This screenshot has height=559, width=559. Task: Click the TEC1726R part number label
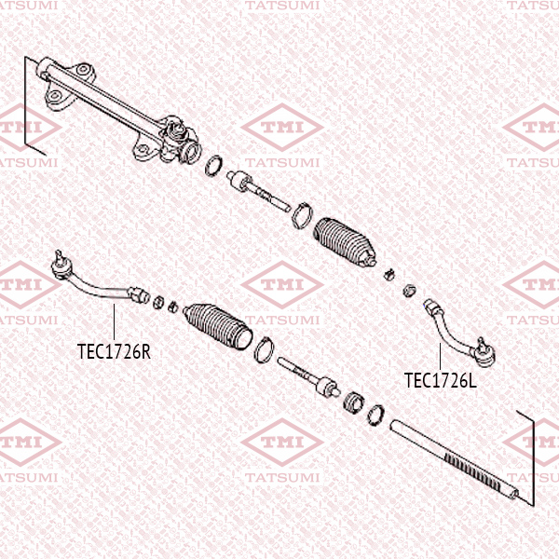114,352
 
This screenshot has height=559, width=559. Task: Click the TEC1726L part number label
441,380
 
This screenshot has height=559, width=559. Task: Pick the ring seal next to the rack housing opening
213,167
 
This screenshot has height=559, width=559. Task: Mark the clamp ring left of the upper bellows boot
302,216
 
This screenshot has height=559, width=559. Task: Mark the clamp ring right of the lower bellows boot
264,348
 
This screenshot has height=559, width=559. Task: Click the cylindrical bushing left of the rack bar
353,403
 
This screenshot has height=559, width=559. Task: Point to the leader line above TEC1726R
113,321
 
